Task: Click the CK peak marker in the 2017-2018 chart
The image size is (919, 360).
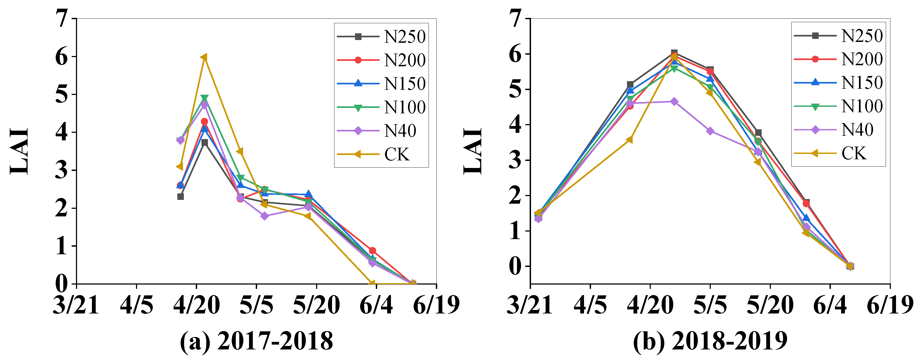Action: (204, 57)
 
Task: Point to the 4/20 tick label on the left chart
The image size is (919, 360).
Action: (196, 306)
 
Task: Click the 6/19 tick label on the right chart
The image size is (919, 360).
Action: (890, 306)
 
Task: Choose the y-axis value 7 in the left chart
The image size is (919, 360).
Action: (62, 19)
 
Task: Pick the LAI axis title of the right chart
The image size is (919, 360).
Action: (473, 151)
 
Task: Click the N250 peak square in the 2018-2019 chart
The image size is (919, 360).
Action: (674, 53)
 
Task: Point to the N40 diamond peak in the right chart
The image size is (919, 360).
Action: (674, 102)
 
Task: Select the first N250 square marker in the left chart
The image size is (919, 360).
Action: (181, 197)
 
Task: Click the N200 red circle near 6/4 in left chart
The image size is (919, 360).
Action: (372, 250)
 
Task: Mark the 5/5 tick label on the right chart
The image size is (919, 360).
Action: (710, 306)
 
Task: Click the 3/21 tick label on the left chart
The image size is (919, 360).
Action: (76, 306)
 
